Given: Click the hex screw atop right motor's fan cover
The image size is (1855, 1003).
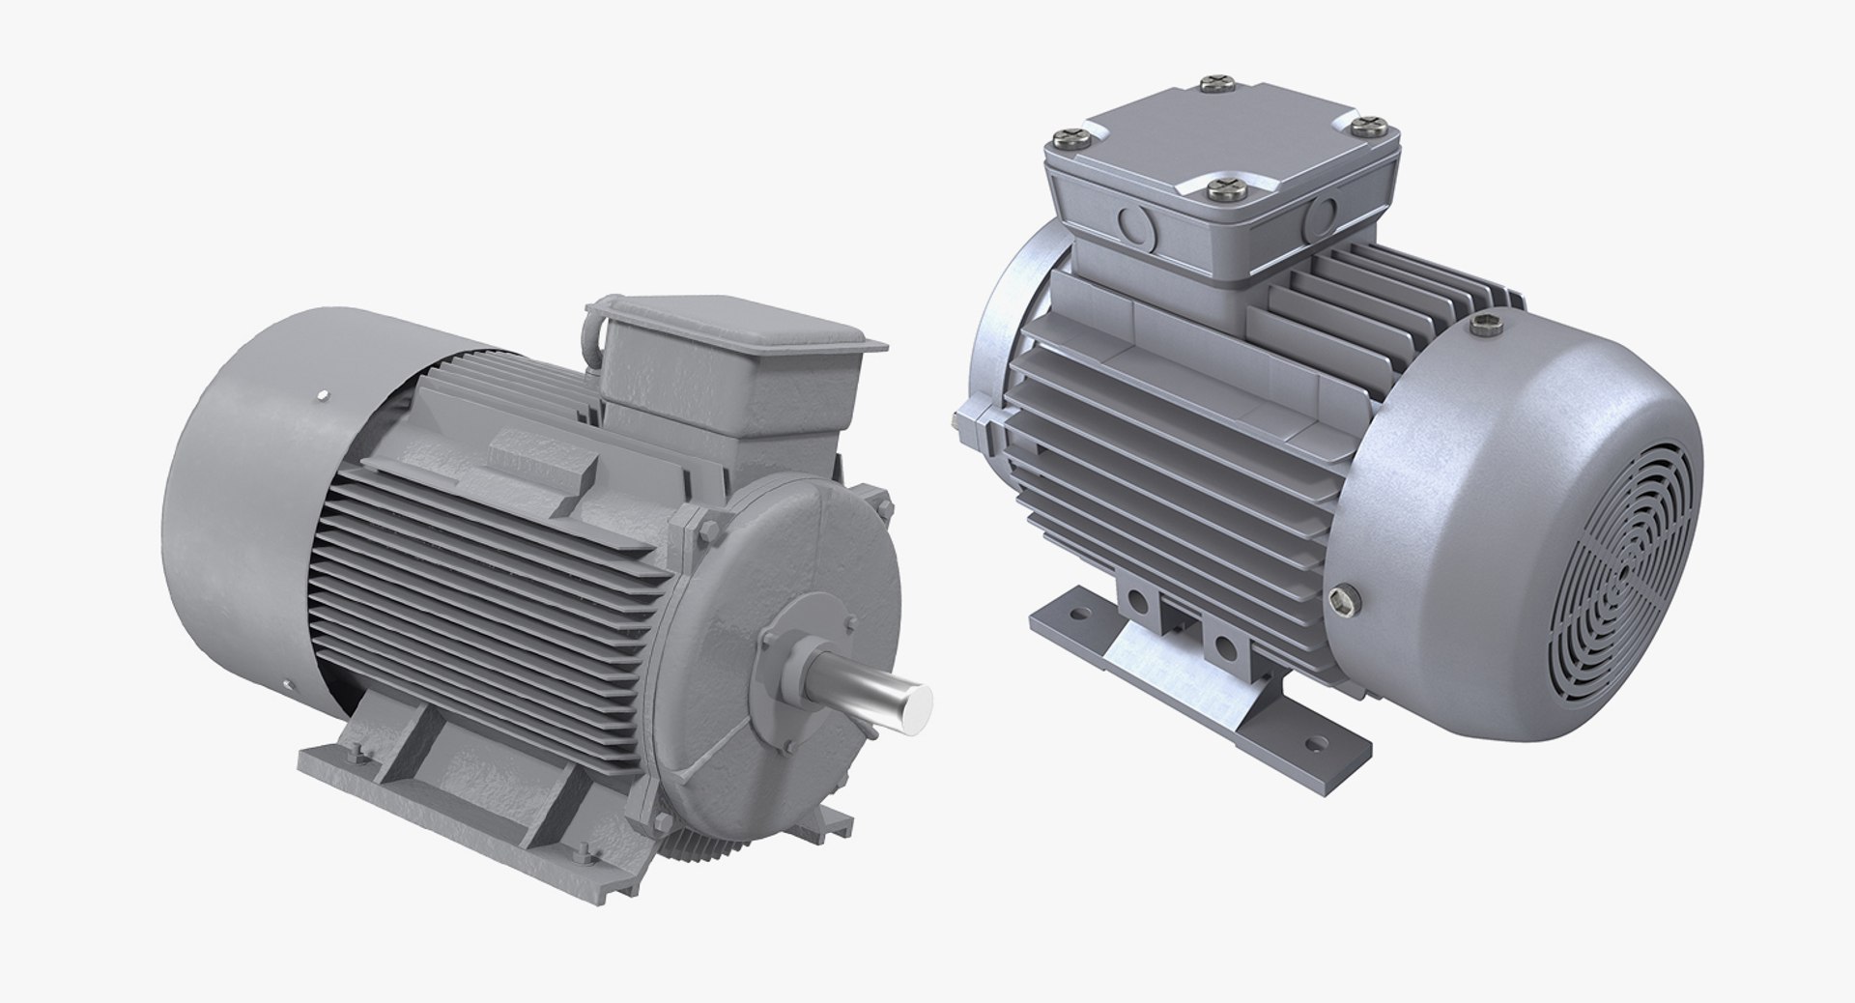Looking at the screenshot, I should [1486, 326].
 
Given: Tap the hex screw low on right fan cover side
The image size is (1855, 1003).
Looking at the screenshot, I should [1338, 602].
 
